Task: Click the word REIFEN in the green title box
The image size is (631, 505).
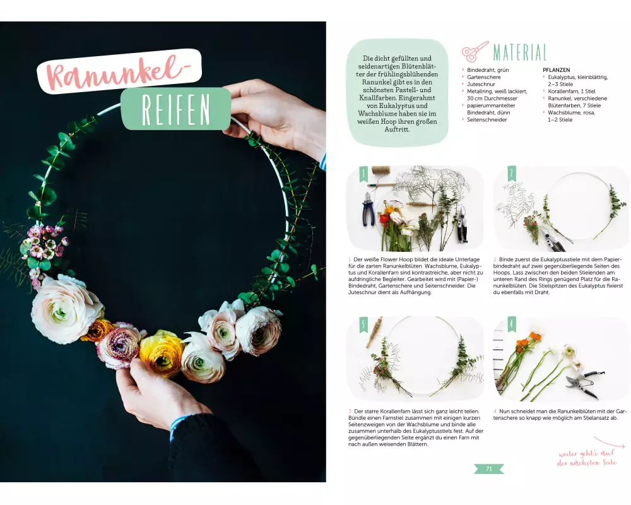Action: [176, 110]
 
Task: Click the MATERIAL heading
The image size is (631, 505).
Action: [520, 52]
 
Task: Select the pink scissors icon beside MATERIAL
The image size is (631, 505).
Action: [475, 51]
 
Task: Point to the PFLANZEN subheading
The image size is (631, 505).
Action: [556, 70]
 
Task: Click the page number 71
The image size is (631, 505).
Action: [489, 469]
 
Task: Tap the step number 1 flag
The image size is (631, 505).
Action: [364, 173]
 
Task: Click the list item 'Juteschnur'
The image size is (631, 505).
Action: [481, 84]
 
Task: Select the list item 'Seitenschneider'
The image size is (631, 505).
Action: [487, 119]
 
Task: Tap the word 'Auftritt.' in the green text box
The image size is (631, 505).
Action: [397, 129]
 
